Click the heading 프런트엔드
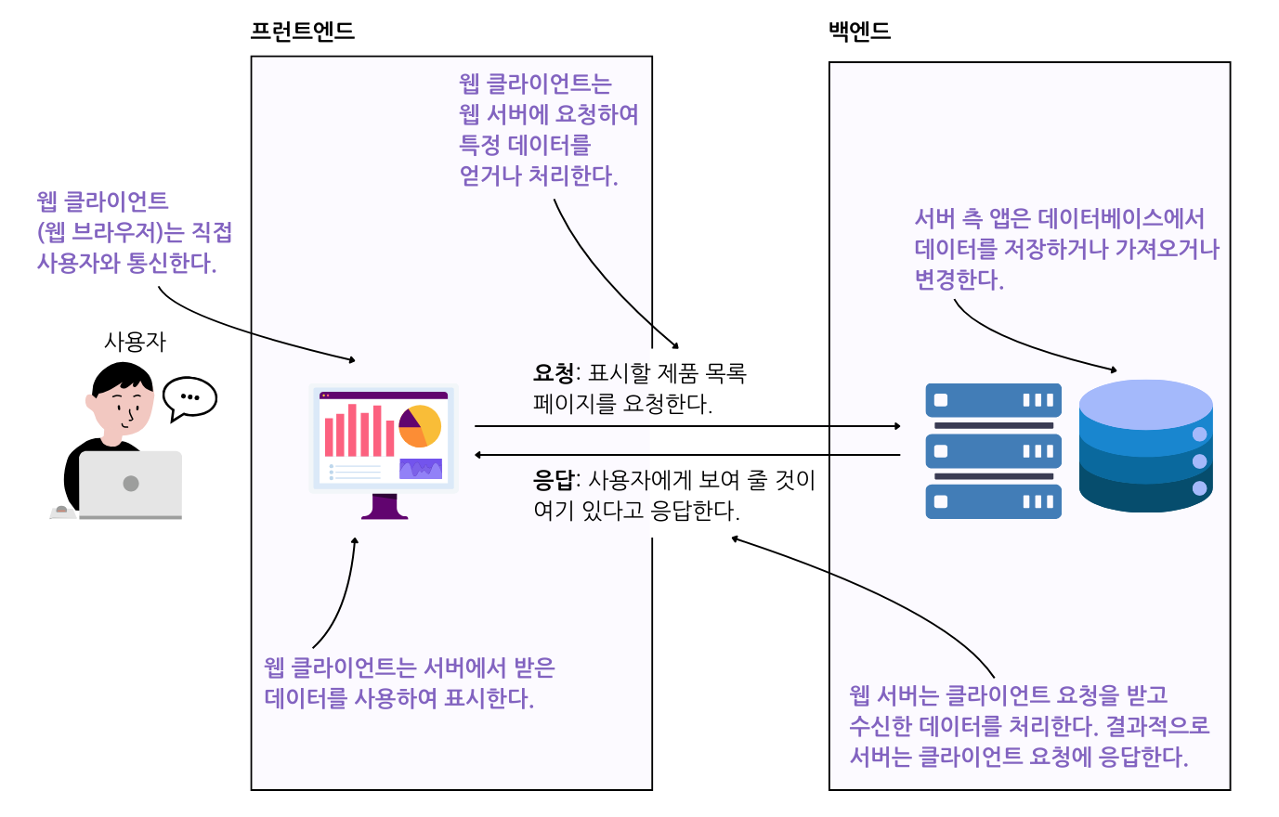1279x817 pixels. tap(303, 32)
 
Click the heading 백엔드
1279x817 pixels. tap(859, 32)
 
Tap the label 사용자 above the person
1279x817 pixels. tap(135, 342)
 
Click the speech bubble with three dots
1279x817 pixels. tap(189, 397)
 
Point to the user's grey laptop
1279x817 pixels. tap(130, 484)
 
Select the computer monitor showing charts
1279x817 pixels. tap(384, 437)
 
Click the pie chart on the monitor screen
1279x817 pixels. tap(420, 426)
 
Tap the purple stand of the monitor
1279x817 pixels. tap(385, 506)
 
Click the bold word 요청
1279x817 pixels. tap(554, 373)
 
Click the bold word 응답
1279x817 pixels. tap(554, 480)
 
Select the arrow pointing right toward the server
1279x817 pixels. tap(687, 426)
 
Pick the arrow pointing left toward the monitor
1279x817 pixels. tap(687, 455)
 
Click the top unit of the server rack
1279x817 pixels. tap(993, 400)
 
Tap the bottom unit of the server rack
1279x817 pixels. tap(993, 501)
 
